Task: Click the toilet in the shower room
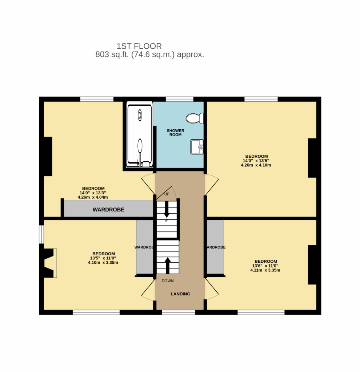pos(194,118)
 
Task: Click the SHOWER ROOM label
pos(176,133)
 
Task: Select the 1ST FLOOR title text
pos(139,46)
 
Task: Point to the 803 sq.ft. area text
pos(149,55)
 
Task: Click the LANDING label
pos(181,294)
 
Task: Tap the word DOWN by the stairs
pos(168,281)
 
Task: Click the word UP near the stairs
pos(167,194)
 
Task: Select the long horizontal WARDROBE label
pos(108,210)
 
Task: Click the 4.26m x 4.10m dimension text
pos(256,165)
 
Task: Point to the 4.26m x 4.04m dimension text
pos(93,197)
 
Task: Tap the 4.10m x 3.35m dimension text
pos(103,262)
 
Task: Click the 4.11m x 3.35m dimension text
pos(265,270)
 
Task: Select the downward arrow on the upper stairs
pos(167,210)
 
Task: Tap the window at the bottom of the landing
pos(179,312)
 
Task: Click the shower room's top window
pos(179,99)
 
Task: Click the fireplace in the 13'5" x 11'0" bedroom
pos(49,263)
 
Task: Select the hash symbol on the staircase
pos(166,221)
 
